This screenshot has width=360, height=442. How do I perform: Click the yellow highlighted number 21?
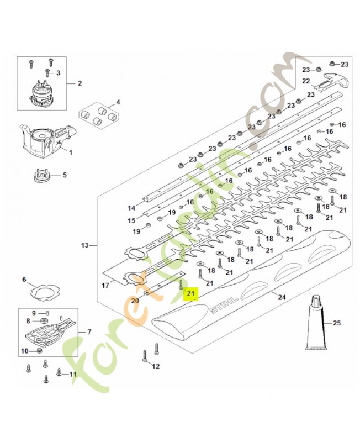click(190, 294)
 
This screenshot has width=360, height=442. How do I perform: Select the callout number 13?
click(85, 245)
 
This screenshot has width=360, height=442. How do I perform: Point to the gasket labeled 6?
click(45, 291)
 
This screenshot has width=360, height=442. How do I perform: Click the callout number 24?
click(282, 297)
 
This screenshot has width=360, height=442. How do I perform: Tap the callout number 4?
click(118, 102)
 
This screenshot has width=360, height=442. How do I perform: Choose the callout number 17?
click(105, 286)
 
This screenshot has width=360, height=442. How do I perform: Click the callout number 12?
click(156, 366)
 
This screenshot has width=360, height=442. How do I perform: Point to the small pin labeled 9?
click(47, 312)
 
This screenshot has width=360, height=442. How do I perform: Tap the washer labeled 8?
click(44, 321)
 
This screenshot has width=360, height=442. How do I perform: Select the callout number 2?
click(80, 83)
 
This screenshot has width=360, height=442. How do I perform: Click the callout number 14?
click(131, 208)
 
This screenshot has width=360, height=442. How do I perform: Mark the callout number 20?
click(135, 301)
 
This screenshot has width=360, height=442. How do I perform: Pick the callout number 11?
click(73, 375)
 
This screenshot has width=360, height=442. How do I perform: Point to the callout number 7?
click(89, 332)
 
